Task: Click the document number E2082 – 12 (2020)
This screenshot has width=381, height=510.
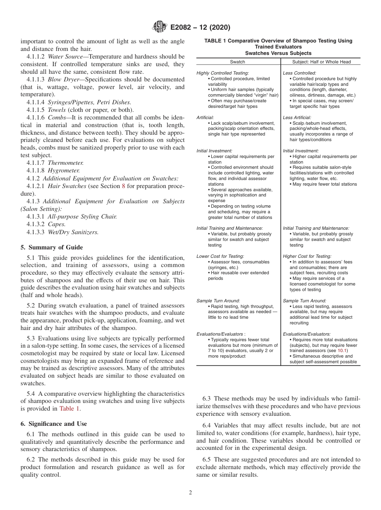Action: point(200,28)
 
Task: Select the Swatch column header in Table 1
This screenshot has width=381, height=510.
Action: point(237,62)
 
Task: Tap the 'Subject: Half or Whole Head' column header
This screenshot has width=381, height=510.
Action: point(321,62)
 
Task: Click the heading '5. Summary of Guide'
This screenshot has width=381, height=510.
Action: point(52,247)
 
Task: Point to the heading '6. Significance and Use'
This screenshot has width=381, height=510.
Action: point(53,424)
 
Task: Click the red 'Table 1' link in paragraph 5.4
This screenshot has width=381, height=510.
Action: point(69,409)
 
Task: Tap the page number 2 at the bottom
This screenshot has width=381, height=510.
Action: point(190,493)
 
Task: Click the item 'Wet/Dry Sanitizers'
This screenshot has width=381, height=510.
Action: point(73,232)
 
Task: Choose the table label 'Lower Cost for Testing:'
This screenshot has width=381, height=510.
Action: point(220,256)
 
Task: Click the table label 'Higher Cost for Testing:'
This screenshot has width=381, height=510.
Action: point(307,256)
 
